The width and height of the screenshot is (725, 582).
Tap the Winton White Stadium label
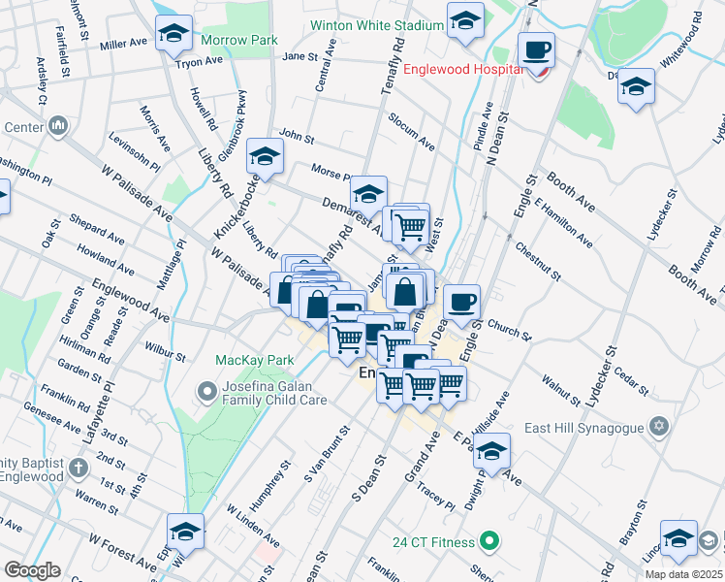[376, 25]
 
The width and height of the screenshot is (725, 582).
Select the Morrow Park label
[239, 40]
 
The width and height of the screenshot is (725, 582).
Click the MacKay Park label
[254, 360]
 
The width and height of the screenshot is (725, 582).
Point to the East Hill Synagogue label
[592, 427]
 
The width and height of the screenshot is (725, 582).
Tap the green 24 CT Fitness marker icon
[490, 539]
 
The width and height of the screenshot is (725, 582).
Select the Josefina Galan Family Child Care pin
[205, 391]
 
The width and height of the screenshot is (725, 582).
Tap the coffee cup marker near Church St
[462, 302]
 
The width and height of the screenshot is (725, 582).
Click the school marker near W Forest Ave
[185, 532]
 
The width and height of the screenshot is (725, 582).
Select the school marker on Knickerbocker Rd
[265, 156]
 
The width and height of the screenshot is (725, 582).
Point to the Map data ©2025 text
[683, 574]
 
